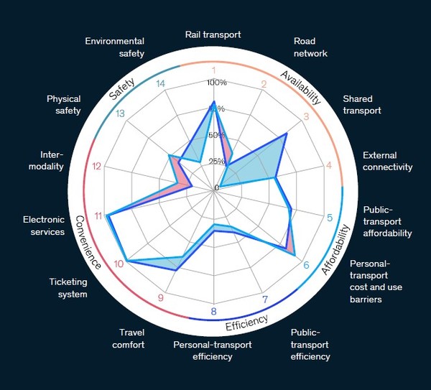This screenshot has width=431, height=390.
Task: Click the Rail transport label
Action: tap(213, 34)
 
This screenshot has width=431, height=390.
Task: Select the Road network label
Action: tap(310, 47)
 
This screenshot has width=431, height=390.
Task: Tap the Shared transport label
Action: tap(361, 105)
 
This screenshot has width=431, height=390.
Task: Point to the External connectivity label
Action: tap(388, 161)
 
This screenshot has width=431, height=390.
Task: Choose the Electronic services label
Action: tap(44, 226)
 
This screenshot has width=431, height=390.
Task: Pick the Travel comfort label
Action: tap(132, 338)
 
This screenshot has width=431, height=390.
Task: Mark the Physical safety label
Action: tap(64, 105)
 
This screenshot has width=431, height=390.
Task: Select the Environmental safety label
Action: tap(115, 47)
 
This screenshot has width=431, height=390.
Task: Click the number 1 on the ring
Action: tap(213, 70)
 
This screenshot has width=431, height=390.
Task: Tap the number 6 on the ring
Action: tap(307, 265)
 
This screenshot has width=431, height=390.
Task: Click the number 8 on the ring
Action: tap(213, 312)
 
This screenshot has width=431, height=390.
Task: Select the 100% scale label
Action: tap(216, 83)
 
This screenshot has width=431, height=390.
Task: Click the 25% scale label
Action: tap(216, 162)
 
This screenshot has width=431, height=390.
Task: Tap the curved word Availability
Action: tap(301, 87)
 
